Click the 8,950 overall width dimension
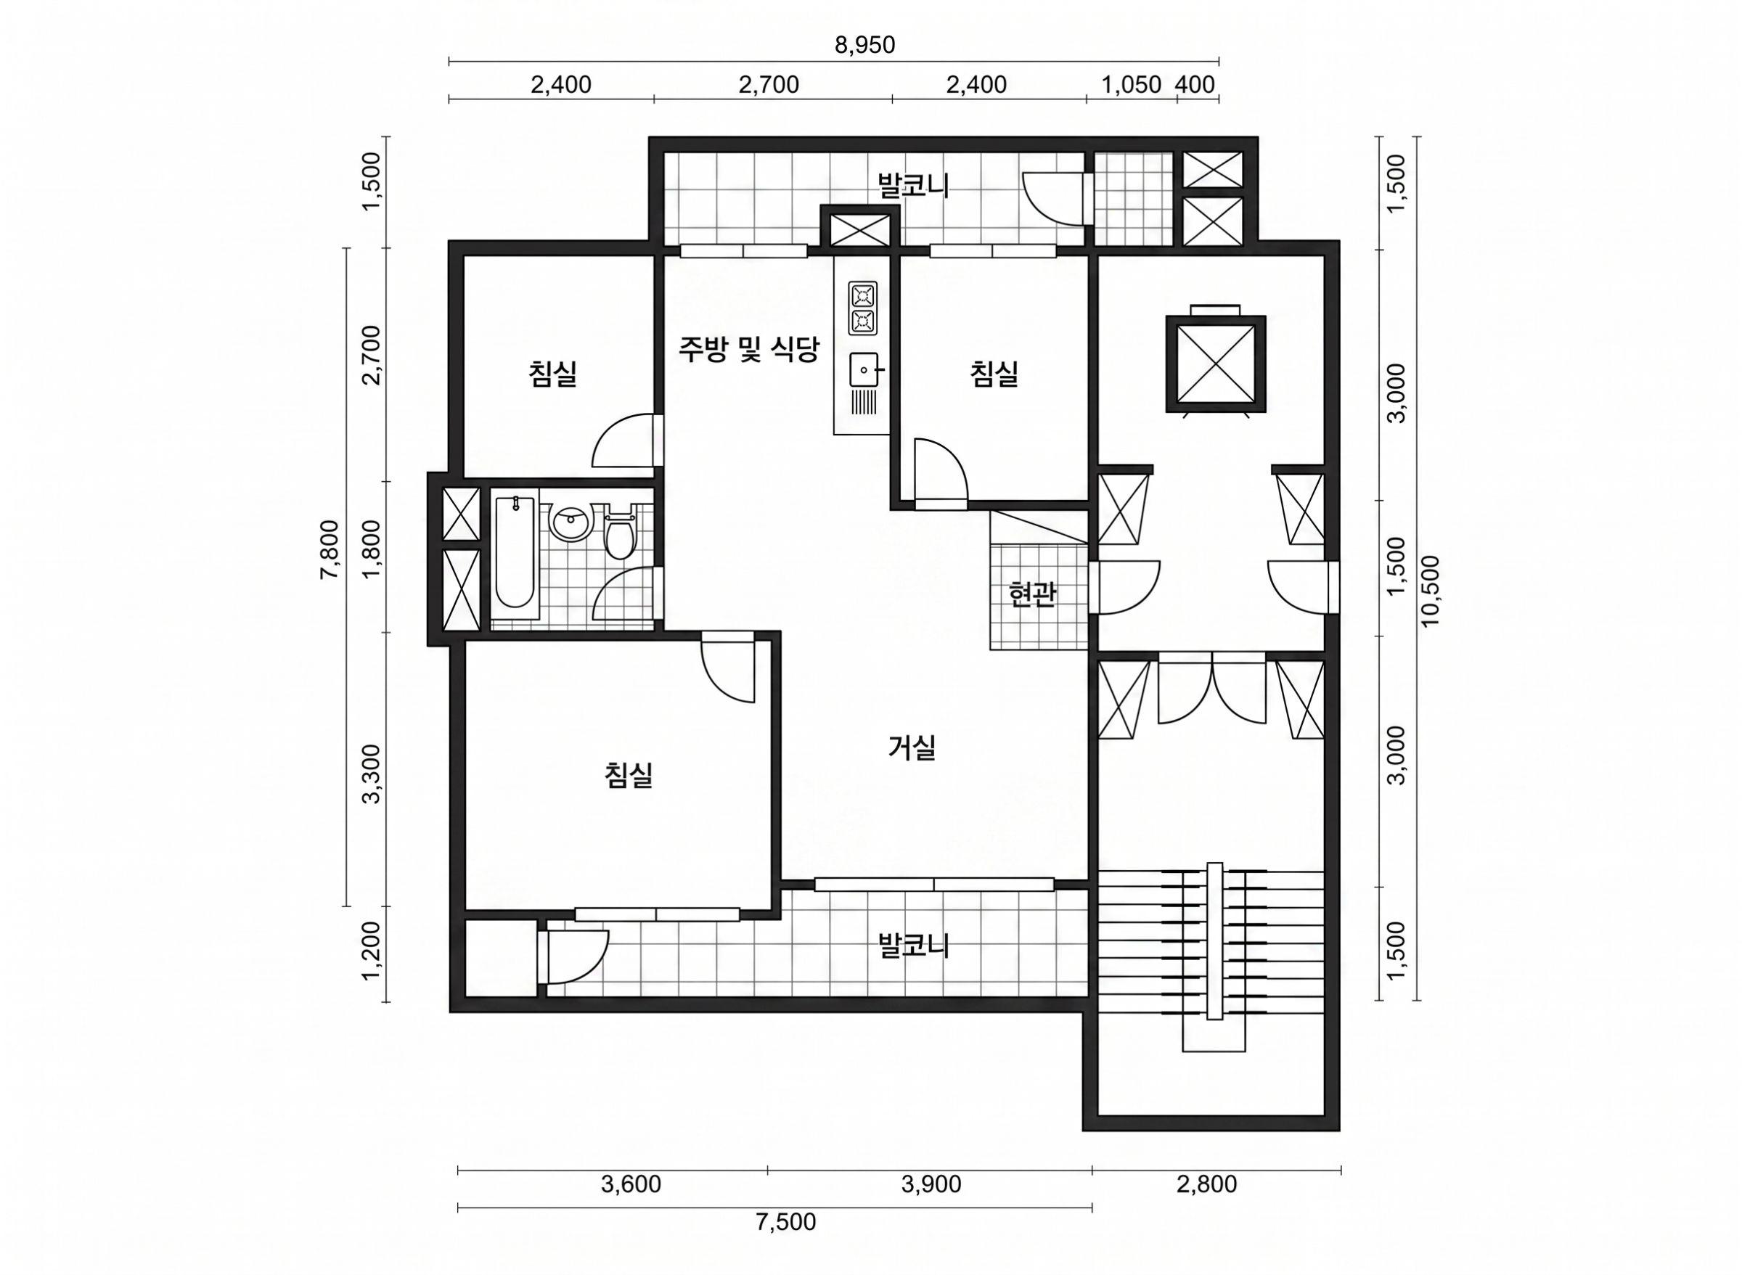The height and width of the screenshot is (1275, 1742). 864,46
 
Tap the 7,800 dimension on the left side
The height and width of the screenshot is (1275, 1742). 330,549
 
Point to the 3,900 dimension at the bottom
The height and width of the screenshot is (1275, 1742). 931,1185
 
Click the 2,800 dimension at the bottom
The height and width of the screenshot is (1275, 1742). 1206,1185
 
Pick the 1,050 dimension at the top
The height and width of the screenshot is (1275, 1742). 1131,84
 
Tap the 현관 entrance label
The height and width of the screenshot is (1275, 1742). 1033,594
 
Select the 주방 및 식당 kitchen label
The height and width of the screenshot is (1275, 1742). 748,350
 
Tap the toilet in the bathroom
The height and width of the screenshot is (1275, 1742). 619,532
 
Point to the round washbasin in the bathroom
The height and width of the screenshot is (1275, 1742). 571,522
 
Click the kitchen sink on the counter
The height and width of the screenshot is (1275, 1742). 864,371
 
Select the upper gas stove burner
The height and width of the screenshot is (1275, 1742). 864,295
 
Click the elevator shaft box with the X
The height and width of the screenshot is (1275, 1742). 1215,363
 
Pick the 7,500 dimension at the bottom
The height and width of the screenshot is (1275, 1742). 785,1222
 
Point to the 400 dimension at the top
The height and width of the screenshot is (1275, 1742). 1195,84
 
